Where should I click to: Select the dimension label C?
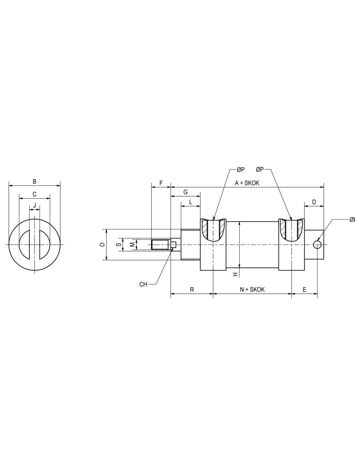34,194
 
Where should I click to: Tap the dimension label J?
34,206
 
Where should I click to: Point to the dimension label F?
161,183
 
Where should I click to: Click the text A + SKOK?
247,183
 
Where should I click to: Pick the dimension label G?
186,192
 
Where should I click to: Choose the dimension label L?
191,202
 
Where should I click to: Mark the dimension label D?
314,202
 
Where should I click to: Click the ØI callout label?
352,219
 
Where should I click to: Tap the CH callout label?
143,284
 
